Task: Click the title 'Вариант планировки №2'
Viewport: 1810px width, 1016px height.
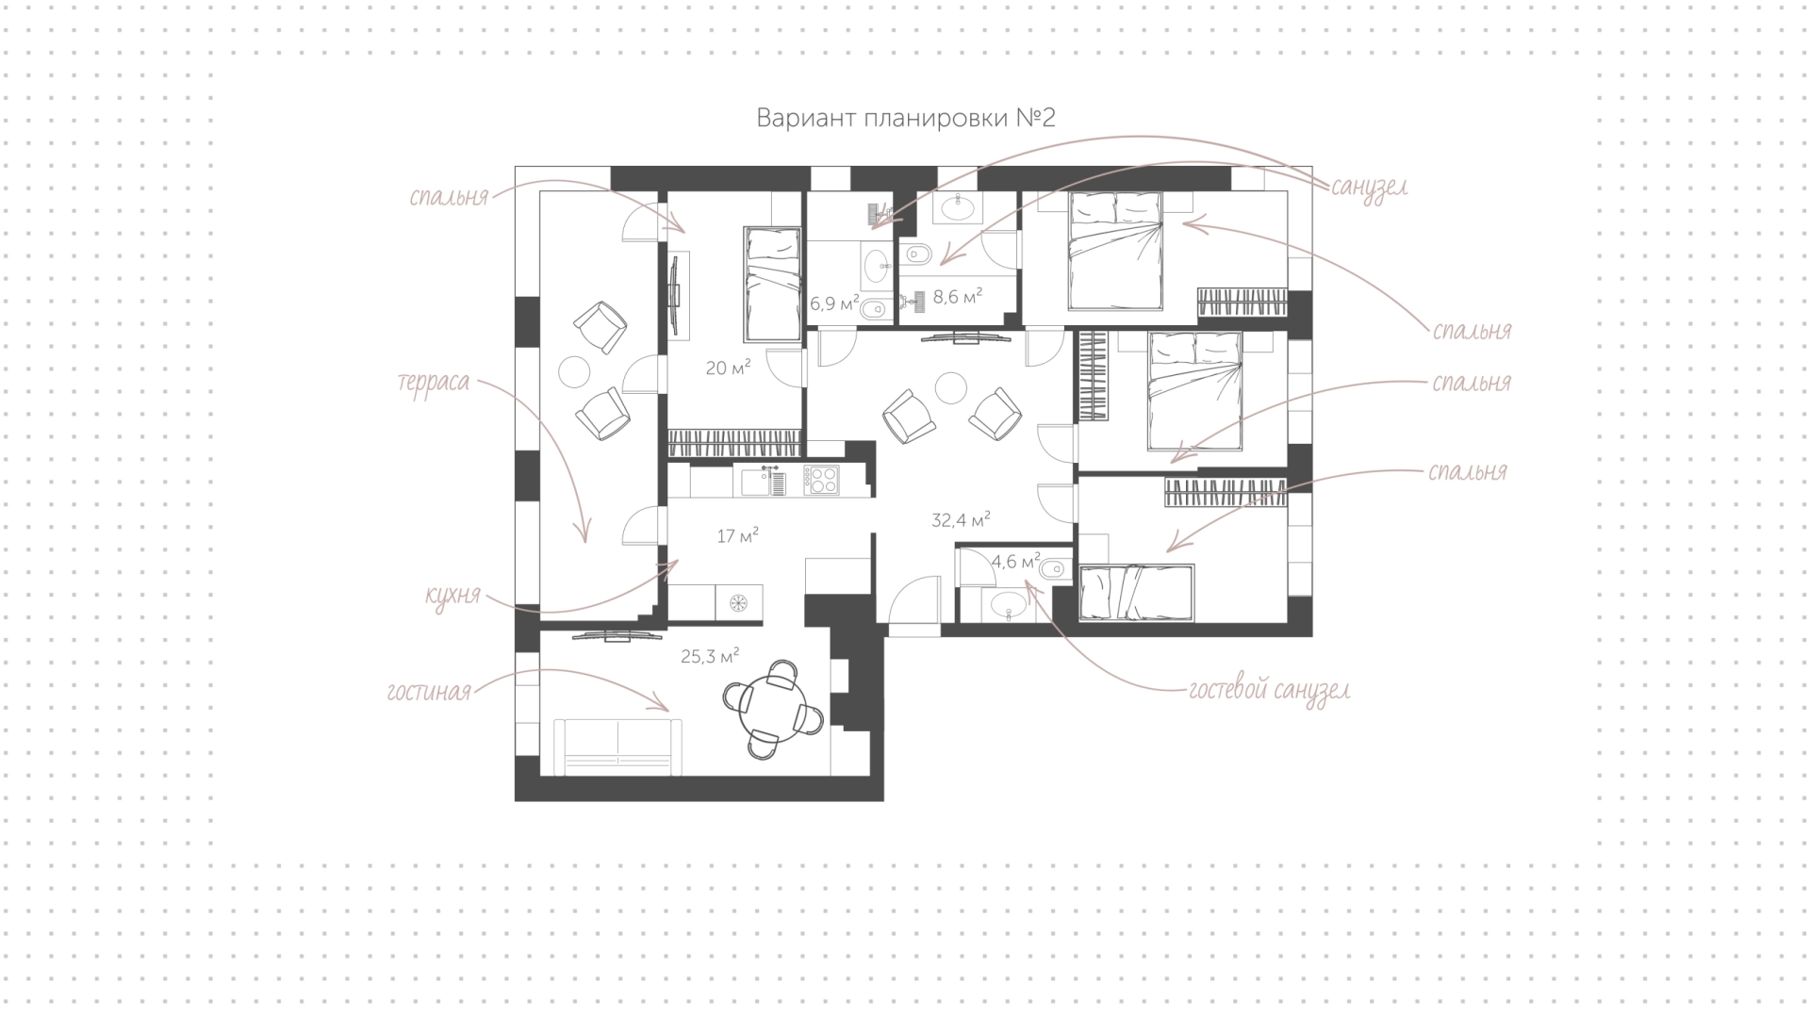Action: coord(905,118)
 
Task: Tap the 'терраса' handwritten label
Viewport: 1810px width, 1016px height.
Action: coord(434,384)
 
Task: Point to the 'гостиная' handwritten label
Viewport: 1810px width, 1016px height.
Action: coord(429,693)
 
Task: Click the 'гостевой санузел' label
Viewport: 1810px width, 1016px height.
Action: coord(1269,691)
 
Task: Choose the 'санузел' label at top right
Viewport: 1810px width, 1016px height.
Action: coord(1369,187)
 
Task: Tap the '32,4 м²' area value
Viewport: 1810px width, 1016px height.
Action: coord(961,519)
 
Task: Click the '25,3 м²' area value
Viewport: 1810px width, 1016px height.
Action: coord(710,656)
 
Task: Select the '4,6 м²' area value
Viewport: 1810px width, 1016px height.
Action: coord(1015,562)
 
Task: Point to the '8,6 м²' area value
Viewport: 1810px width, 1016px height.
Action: coord(958,297)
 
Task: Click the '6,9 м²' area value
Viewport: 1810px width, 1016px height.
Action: coord(834,303)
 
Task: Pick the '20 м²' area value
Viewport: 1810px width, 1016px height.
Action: coord(729,368)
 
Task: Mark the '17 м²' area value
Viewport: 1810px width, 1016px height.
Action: coord(738,536)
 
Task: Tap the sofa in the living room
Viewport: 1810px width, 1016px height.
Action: coord(617,746)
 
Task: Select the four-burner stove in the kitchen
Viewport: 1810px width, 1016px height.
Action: coord(821,481)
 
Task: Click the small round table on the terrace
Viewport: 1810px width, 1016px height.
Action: coord(574,371)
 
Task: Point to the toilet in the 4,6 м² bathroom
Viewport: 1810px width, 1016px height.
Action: coord(1054,568)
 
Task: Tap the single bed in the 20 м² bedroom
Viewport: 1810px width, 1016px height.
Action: coord(772,283)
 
